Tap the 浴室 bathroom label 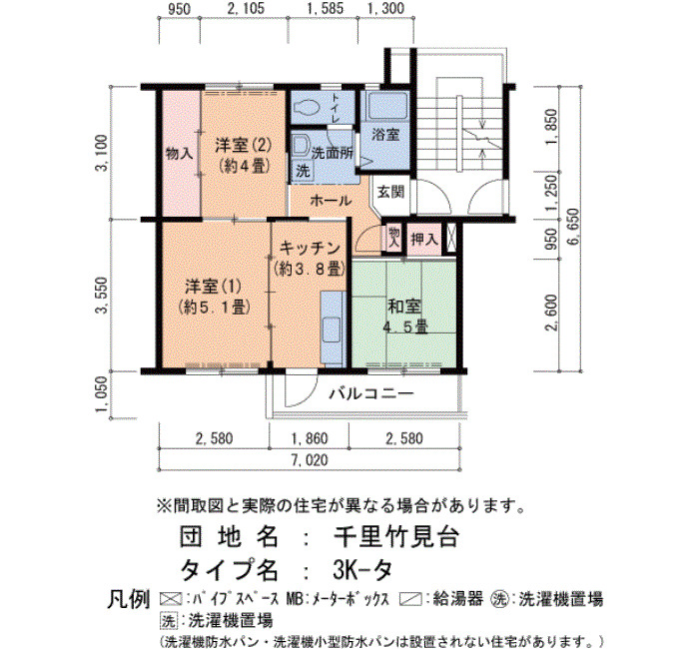click(385, 134)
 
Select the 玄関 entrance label click(391, 192)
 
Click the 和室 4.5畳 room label click(404, 317)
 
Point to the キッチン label click(310, 249)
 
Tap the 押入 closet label click(424, 240)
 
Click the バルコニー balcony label click(371, 393)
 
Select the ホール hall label click(331, 201)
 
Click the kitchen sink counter click(333, 328)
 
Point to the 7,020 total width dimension click(310, 459)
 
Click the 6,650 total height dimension click(573, 226)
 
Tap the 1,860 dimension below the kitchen click(310, 438)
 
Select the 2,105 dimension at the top click(246, 8)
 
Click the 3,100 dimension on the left click(102, 153)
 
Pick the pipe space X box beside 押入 click(451, 239)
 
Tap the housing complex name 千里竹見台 click(396, 537)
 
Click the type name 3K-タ click(362, 569)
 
